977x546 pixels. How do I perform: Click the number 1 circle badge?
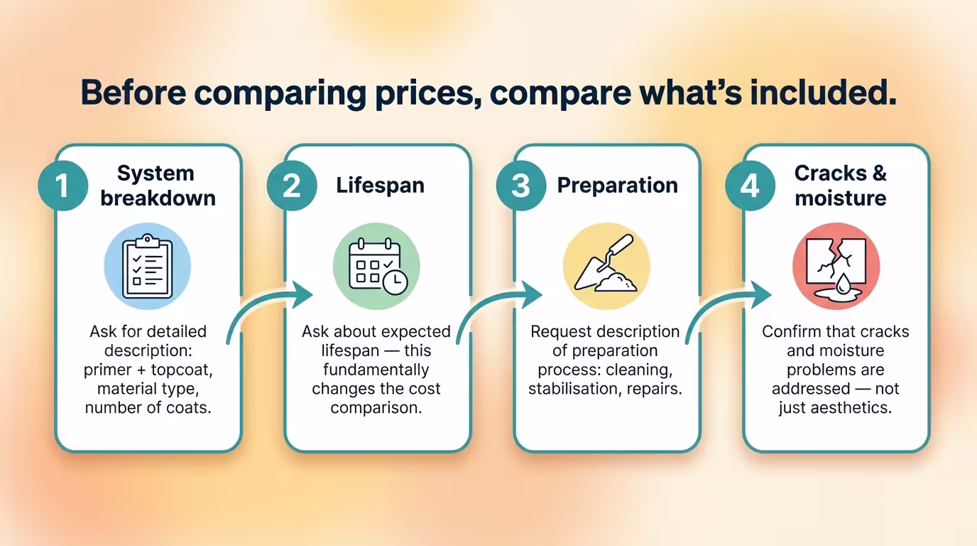62,186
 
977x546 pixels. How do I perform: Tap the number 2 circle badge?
292,186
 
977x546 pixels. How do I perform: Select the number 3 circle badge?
520,186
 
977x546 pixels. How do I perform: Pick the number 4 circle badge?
751,186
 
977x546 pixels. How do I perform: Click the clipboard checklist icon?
148,266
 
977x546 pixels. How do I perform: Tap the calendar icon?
378,266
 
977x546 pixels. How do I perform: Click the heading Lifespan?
380,186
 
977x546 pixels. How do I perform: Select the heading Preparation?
617,186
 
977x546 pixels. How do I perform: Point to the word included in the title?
823,92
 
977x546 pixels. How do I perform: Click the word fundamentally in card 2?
376,370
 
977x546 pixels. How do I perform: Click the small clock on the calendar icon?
395,283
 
